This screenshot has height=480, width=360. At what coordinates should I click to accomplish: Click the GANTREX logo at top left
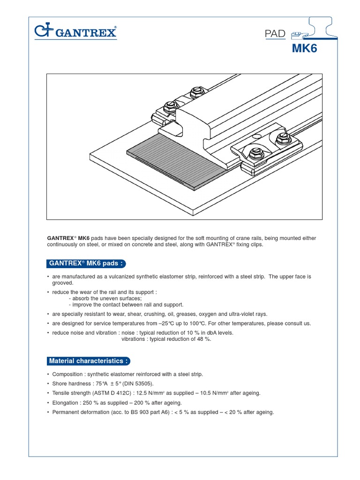tap(75, 32)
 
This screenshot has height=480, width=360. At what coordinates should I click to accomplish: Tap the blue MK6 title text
tap(304, 49)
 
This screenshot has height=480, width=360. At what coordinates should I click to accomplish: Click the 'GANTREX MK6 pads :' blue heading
tap(86, 263)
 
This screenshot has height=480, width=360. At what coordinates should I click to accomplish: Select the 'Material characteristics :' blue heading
tap(88, 361)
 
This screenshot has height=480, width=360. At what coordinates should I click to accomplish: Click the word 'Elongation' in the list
tap(66, 403)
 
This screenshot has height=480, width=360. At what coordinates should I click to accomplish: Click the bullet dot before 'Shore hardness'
tap(49, 383)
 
